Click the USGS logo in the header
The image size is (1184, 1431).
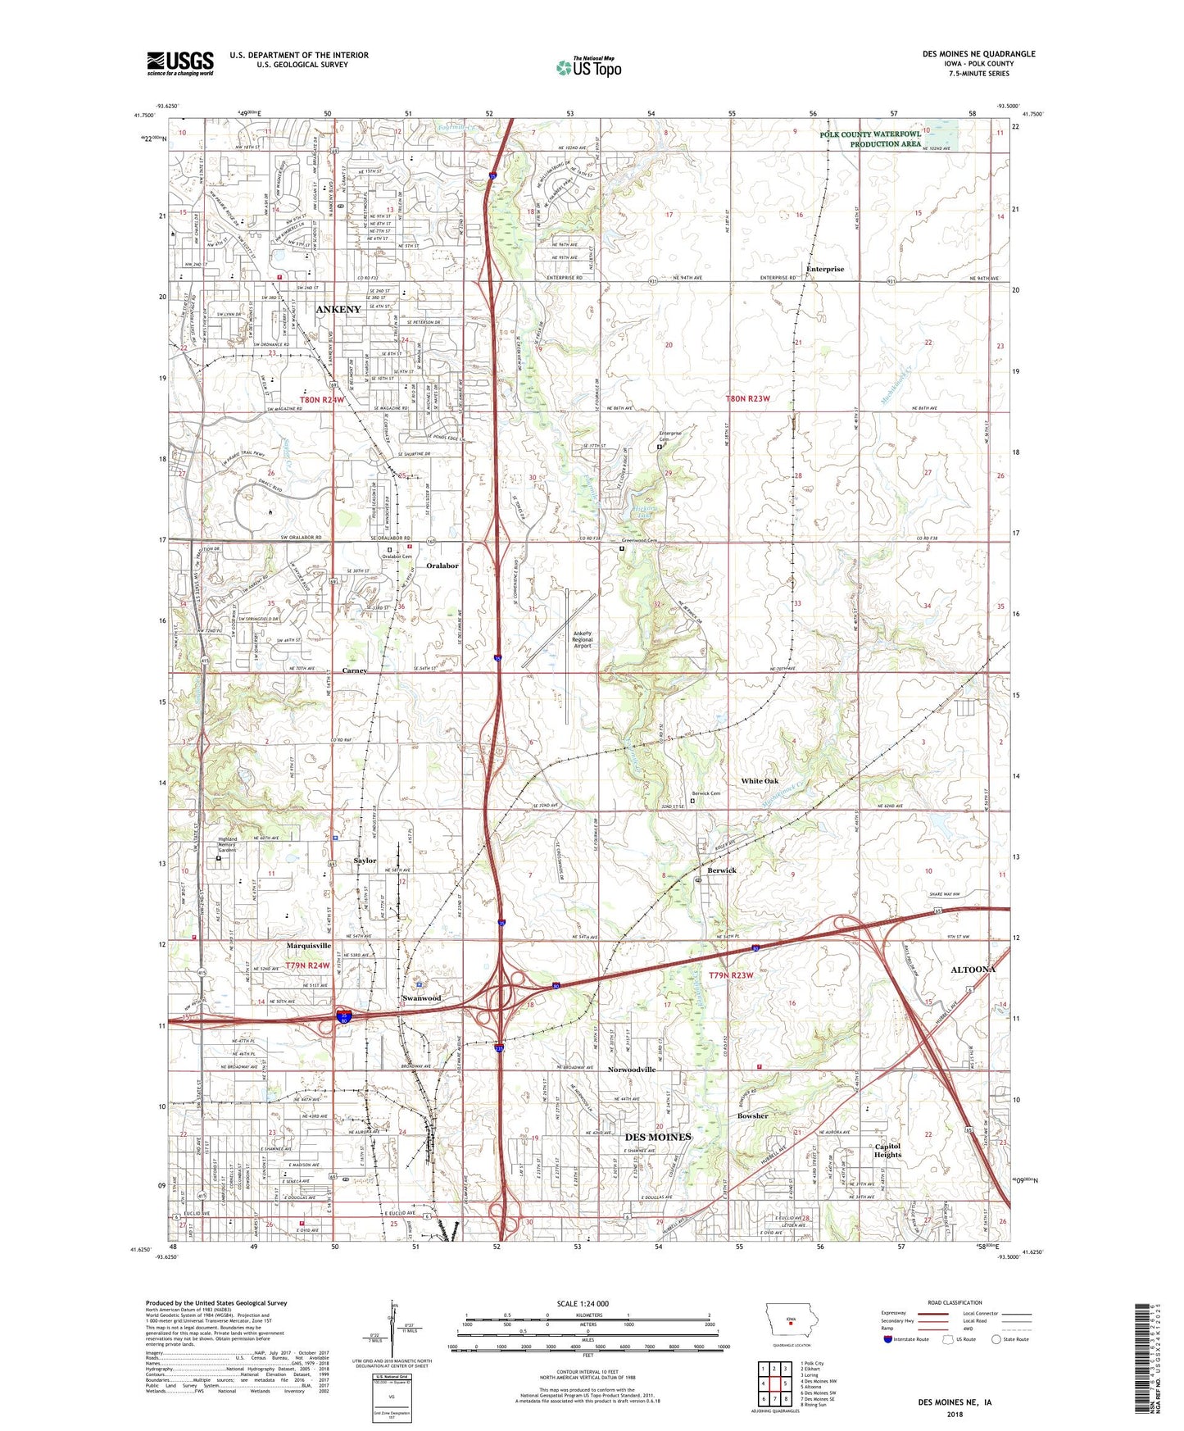[180, 62]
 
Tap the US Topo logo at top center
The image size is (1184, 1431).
[588, 67]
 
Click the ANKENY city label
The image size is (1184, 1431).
[338, 309]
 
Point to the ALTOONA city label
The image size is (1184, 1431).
[973, 969]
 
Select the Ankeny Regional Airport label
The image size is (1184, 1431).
[582, 639]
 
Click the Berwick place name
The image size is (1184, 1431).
[722, 870]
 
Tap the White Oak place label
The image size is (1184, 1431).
[760, 781]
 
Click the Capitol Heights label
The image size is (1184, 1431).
[887, 1150]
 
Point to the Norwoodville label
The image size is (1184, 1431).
[632, 1070]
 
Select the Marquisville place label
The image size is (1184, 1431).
[308, 946]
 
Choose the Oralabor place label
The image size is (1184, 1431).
[442, 566]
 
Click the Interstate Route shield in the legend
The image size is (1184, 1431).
[888, 1339]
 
